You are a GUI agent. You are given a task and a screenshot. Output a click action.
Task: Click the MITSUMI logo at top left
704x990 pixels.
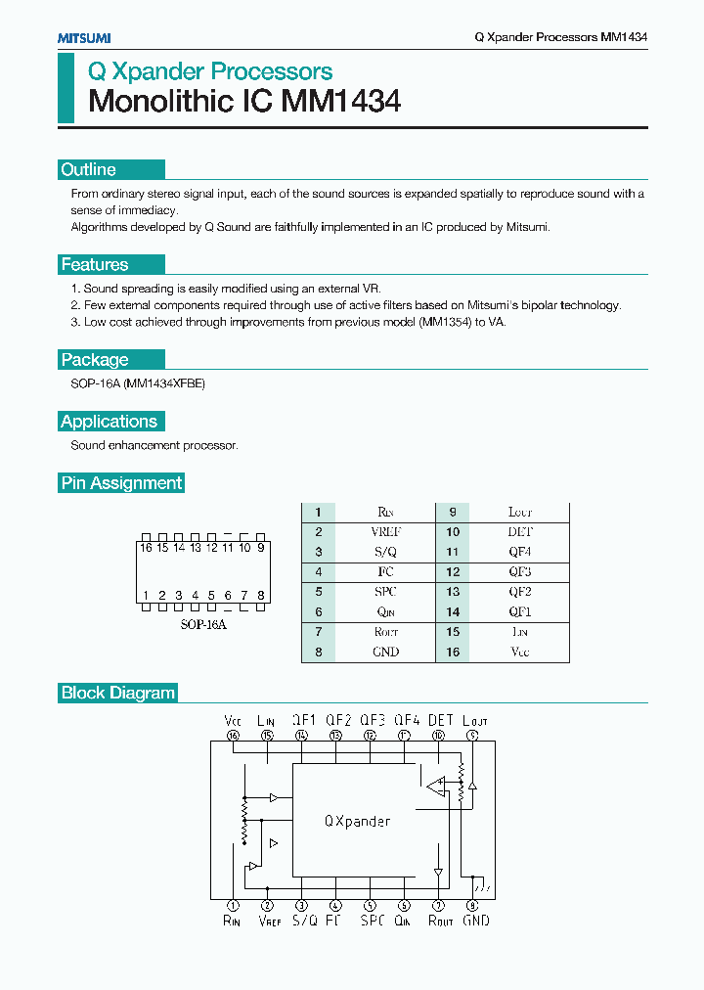tap(83, 37)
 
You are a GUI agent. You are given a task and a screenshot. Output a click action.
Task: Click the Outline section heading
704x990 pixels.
tap(88, 169)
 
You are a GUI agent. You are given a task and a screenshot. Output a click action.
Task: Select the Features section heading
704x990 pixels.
tap(94, 264)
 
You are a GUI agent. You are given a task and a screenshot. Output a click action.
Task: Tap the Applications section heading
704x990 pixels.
tap(109, 422)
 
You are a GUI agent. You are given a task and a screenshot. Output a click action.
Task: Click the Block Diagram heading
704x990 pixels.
tap(118, 693)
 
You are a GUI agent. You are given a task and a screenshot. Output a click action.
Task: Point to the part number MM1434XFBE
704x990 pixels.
tap(165, 384)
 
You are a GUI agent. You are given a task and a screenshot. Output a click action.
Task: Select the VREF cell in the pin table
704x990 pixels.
tap(385, 532)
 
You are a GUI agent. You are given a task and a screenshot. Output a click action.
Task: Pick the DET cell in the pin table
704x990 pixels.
tap(519, 532)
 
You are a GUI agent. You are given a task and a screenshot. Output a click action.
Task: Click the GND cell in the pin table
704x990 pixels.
tap(385, 652)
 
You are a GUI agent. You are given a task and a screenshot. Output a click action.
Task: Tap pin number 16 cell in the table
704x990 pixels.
tap(453, 652)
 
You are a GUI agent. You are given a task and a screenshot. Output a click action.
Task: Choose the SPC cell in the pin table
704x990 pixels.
tap(385, 592)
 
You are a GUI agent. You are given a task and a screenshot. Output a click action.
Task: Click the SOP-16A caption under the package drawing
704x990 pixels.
tap(202, 624)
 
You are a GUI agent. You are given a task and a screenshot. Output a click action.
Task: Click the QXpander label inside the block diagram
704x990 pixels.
tap(357, 821)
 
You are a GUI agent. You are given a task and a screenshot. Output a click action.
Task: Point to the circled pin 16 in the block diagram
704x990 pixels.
tap(233, 735)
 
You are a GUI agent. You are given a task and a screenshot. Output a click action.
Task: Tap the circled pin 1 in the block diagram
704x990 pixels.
tap(233, 905)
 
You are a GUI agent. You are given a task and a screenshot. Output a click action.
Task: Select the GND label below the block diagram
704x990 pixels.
tap(475, 921)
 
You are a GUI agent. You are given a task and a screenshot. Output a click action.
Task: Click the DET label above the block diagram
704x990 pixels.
tap(441, 720)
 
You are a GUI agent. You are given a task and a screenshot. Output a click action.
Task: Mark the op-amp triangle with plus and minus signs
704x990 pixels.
tap(435, 784)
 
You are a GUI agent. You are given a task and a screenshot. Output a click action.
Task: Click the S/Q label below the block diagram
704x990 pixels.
tap(304, 921)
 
